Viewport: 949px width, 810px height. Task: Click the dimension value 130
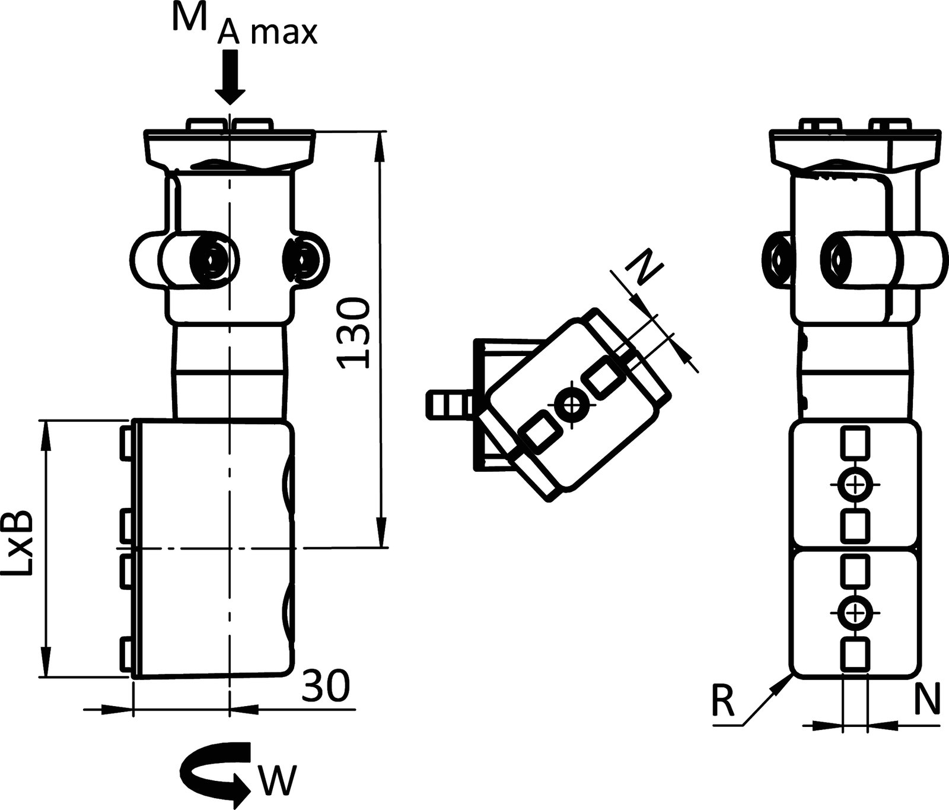[354, 333]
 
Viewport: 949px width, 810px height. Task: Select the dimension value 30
[325, 687]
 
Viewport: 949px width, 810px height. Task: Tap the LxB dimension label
[19, 544]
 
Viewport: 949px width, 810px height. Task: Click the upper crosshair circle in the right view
[854, 485]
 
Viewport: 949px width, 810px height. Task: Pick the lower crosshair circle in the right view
[854, 612]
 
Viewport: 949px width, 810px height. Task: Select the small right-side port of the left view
[304, 259]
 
